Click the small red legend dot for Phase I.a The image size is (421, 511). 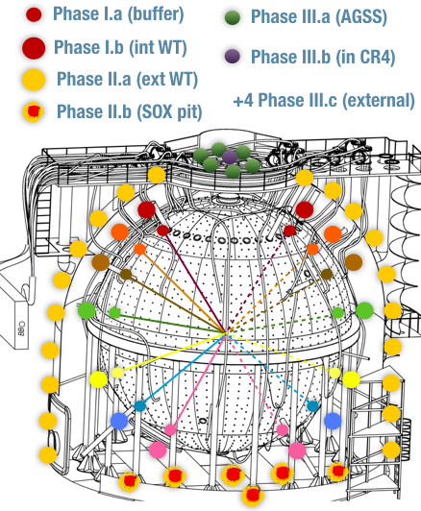tap(34, 14)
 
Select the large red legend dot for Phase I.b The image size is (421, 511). tap(34, 48)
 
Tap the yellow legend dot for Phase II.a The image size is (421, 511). tap(34, 80)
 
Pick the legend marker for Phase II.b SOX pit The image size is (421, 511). tap(34, 111)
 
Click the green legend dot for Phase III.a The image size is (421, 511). tap(233, 17)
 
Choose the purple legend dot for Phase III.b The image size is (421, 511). tap(233, 57)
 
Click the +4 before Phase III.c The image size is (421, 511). tap(243, 100)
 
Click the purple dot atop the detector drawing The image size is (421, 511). tap(230, 158)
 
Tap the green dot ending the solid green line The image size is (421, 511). tap(114, 312)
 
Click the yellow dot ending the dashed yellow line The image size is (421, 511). tap(334, 373)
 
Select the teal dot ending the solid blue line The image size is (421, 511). tap(140, 406)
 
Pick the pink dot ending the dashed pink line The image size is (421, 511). tap(283, 430)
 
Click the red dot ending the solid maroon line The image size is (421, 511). tap(162, 231)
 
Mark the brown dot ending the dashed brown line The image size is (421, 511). tap(327, 275)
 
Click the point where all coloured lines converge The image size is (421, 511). tap(227, 332)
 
